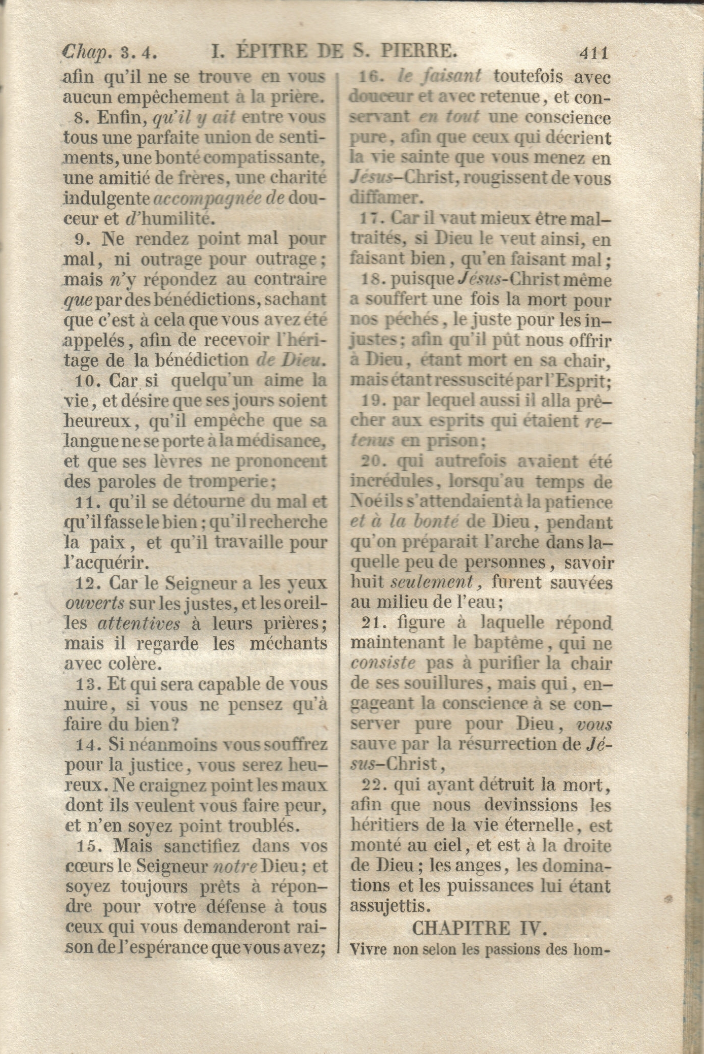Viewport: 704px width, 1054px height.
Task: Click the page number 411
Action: [592, 52]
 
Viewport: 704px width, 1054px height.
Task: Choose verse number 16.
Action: [370, 77]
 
